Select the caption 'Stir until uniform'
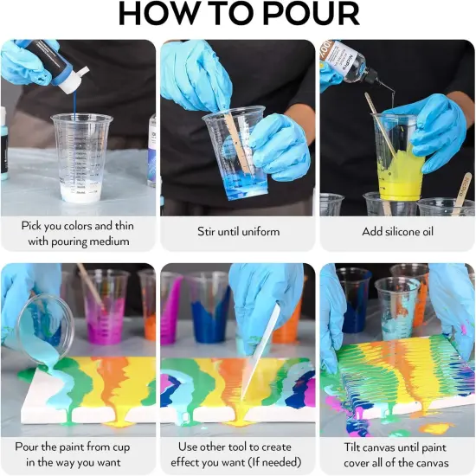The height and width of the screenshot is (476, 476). point(236,232)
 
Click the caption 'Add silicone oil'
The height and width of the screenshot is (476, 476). point(397,232)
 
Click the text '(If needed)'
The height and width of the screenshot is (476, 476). point(268,462)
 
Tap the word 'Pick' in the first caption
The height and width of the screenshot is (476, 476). point(35,225)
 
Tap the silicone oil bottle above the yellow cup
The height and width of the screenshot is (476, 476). point(349,61)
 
